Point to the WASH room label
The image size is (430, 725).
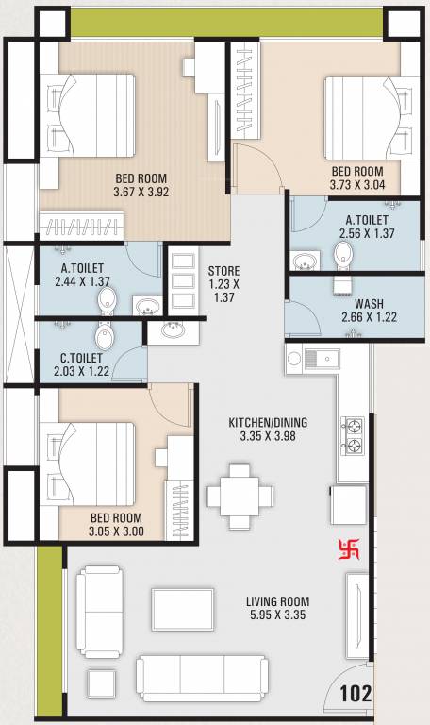[x=368, y=304]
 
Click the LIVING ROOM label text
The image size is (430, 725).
[x=277, y=601]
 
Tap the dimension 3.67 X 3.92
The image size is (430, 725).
[x=140, y=191]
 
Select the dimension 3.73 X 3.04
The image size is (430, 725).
[x=357, y=185]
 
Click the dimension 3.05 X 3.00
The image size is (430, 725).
[x=116, y=531]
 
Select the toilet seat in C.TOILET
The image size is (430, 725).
[x=102, y=337]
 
